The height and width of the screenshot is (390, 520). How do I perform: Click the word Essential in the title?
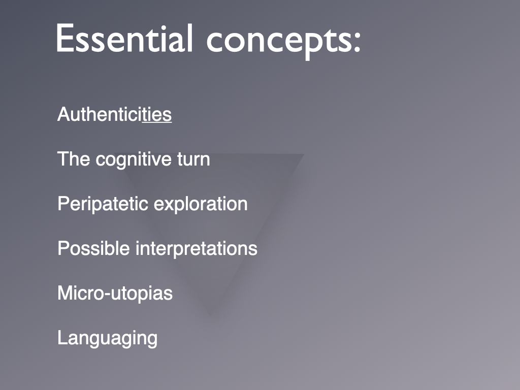coord(124,38)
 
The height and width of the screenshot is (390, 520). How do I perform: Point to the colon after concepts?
coord(357,43)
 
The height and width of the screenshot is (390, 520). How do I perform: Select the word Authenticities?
coord(114,114)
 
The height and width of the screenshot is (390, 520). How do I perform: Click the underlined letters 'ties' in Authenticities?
coord(157,114)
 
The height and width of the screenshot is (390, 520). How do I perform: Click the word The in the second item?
coord(74,159)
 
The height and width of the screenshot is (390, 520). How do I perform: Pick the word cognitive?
coord(134,160)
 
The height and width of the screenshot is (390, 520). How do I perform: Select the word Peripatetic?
coord(103,204)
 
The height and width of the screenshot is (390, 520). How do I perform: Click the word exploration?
coord(201,204)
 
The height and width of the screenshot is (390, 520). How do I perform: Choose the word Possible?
coord(93,248)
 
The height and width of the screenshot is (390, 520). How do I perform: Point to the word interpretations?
coord(197,249)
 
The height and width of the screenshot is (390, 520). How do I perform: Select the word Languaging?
coord(108,339)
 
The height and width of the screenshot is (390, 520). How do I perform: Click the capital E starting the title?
coord(64,38)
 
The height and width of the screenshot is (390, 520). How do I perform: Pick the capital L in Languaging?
coord(62,338)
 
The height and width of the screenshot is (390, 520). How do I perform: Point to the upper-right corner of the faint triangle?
coord(304,154)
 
